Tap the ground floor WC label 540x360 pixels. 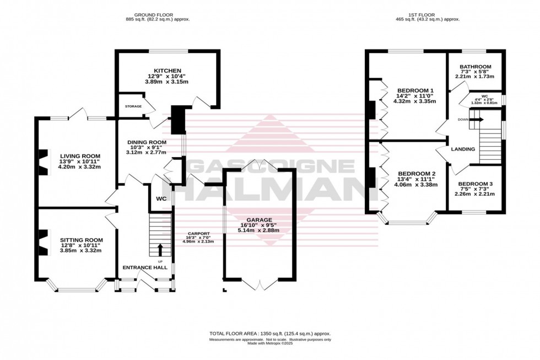click(161, 198)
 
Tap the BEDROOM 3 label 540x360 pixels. click(475, 184)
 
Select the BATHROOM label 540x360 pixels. click(476, 67)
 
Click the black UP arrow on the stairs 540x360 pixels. click(160, 249)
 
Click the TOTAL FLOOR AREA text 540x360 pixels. click(269, 334)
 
